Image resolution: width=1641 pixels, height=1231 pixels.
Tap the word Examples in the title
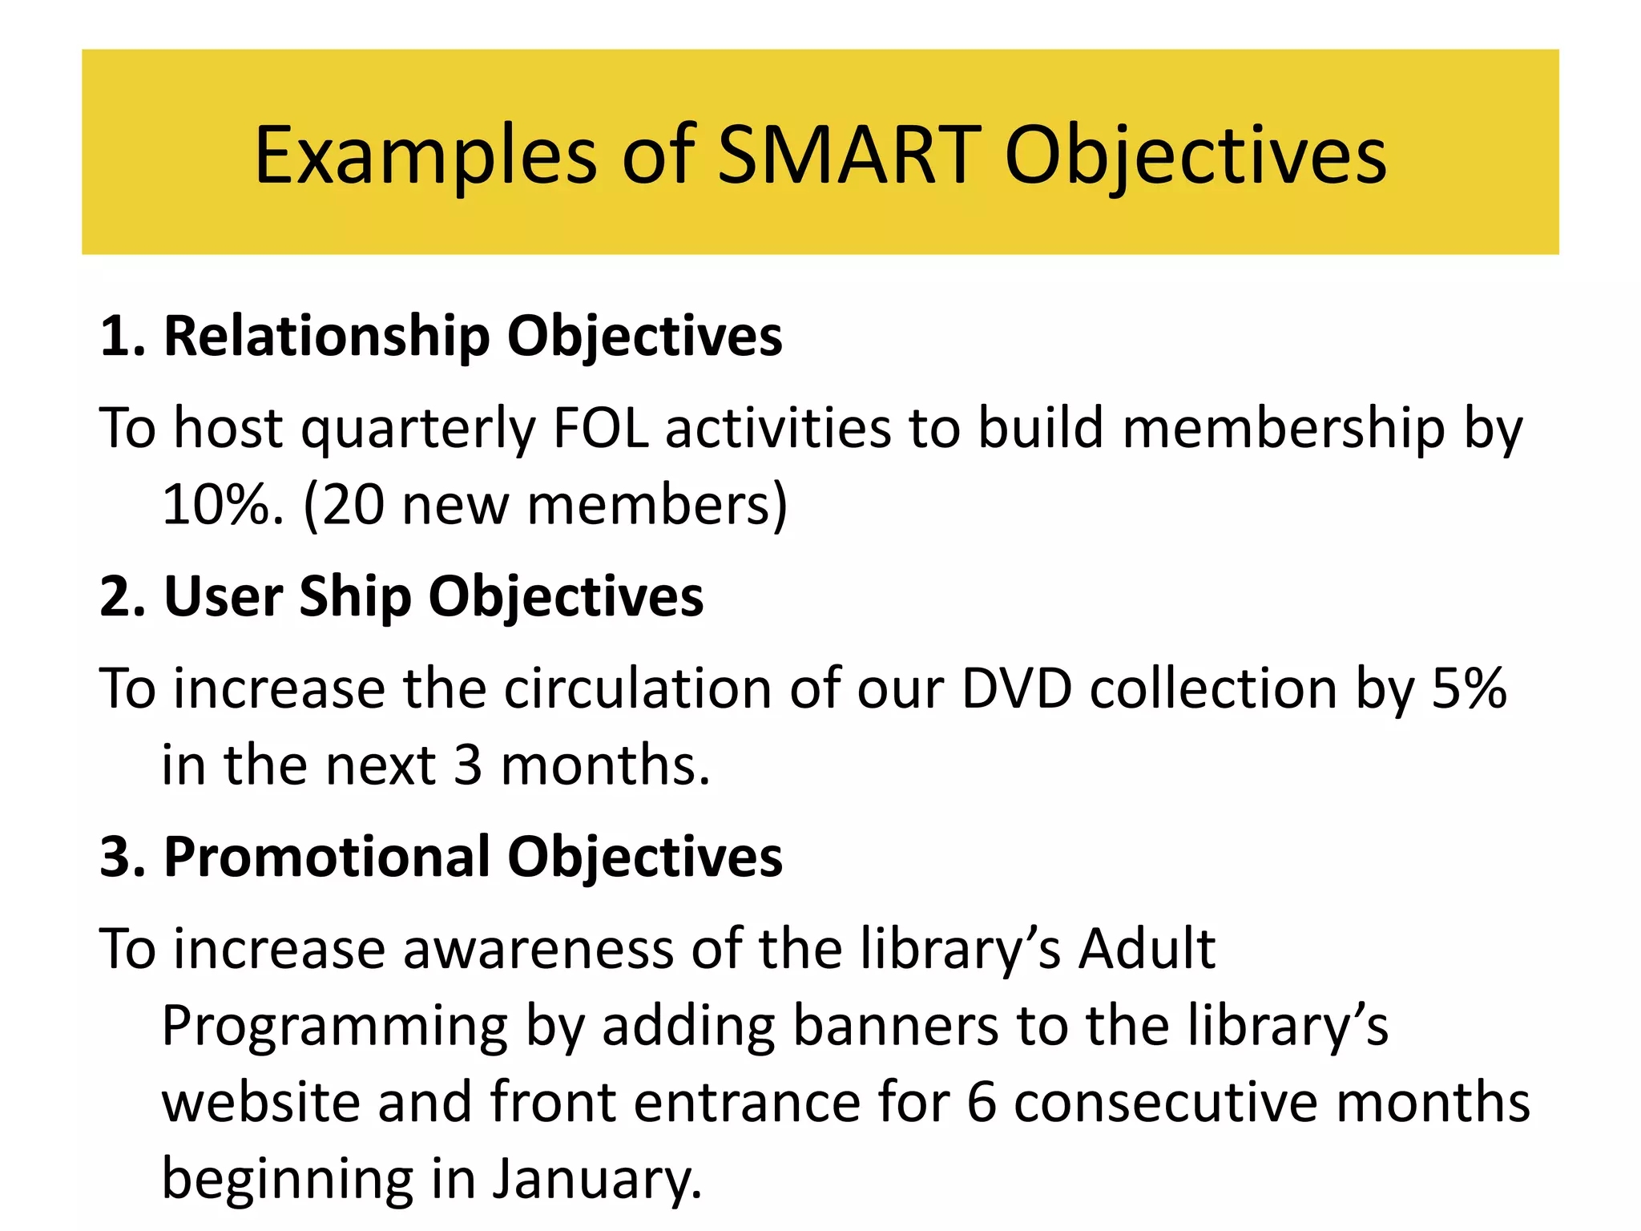coord(425,156)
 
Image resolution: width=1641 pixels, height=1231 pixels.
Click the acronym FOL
coord(600,428)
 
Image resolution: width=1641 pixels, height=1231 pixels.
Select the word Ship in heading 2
coord(355,597)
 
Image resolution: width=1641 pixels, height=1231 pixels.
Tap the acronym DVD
coord(1016,688)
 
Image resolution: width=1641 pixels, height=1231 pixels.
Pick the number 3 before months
coord(468,765)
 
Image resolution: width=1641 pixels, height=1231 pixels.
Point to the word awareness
coord(538,950)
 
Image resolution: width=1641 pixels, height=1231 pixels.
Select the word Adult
coord(1147,950)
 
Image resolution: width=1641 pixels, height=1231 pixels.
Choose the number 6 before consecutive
coord(982,1102)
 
